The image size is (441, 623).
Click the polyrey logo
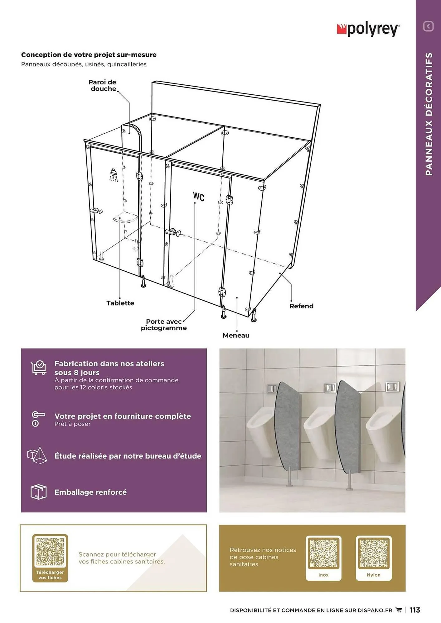pos(368,30)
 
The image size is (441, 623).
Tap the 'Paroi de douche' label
pos(102,85)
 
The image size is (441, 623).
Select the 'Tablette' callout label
pos(120,303)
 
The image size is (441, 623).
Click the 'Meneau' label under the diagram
pos(236,335)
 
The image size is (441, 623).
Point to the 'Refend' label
pos(301,306)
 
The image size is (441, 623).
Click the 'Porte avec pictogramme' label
pos(163,325)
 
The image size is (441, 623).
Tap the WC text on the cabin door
pos(199,197)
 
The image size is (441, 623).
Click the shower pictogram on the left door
pos(114,175)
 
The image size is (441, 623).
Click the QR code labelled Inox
pos(323,553)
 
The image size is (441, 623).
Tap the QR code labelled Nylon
pos(374,553)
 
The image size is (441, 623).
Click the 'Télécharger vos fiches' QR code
pos(50,552)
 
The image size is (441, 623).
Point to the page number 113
pos(414,610)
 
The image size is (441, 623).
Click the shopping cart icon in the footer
pos(399,610)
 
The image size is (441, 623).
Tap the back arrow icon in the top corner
pos(428,26)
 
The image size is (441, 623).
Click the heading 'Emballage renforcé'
pos(90,492)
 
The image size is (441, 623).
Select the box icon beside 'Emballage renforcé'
pos(38,492)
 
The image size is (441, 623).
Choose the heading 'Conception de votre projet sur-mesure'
pos(89,55)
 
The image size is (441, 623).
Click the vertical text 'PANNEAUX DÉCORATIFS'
pos(429,114)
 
